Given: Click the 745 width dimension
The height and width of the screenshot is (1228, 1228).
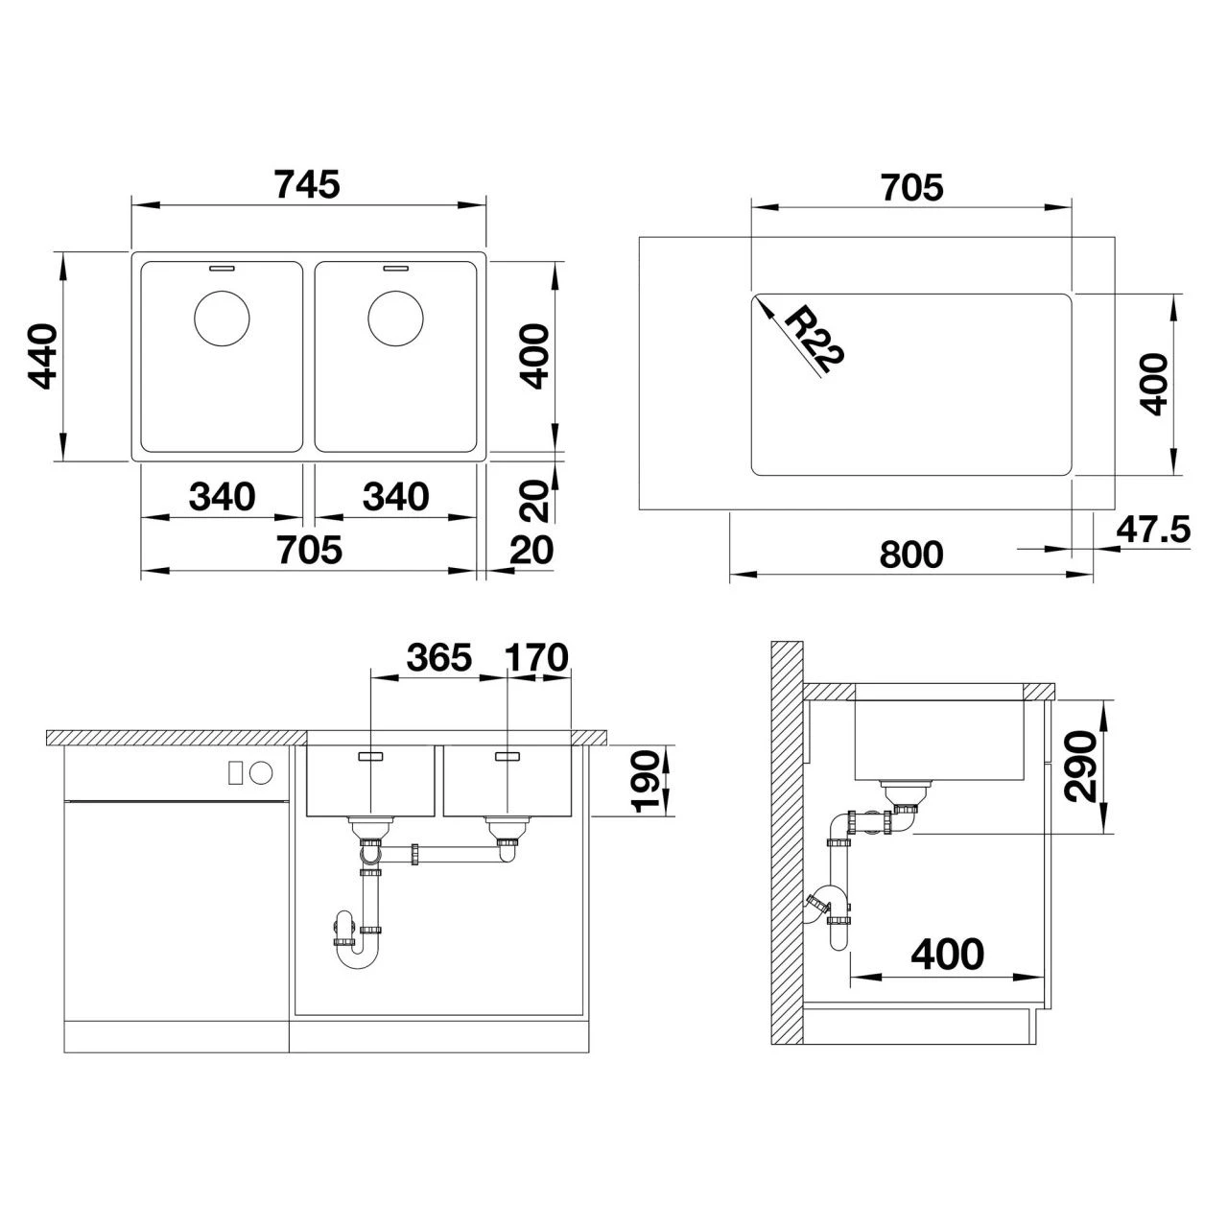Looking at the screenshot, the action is pos(307,184).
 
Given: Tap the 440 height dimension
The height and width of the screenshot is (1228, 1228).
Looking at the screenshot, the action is pos(43,356).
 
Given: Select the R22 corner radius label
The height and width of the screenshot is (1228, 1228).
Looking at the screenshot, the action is pos(815,343).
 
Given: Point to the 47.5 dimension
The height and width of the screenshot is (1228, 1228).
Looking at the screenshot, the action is pos(1153,530).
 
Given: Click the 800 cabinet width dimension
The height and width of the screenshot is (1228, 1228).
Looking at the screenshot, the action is pos(910,555).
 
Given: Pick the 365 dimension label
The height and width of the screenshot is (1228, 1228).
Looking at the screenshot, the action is pos(439,658).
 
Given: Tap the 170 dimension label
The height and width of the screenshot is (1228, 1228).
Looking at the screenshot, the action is pos(536,658).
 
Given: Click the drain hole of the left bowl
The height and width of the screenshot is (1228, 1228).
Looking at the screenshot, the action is pos(221,318).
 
